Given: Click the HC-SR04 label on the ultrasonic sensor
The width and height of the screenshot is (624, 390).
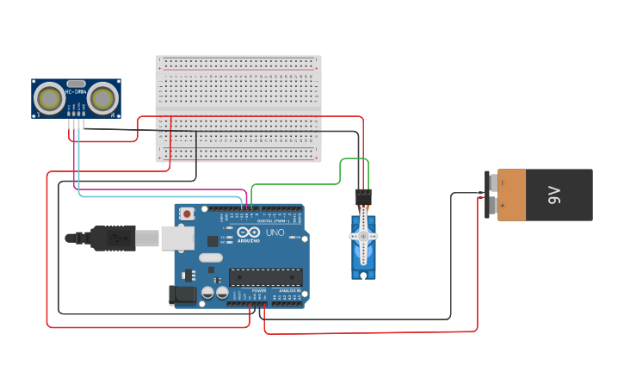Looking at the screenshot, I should tap(77, 90).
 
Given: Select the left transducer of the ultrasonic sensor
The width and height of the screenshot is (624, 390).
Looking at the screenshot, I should tap(49, 98).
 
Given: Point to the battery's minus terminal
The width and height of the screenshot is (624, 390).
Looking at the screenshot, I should tap(491, 183).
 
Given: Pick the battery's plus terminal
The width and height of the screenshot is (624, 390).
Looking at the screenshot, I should tap(491, 206).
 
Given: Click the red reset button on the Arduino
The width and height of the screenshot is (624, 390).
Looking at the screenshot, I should tap(187, 213).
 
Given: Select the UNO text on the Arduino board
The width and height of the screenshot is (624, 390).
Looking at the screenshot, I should tap(275, 232).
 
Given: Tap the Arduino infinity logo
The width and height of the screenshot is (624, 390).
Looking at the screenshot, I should tap(249, 232).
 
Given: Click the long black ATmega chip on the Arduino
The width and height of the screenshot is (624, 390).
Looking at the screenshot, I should tap(265, 276).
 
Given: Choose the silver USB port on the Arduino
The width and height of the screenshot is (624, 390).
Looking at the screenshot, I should tap(177, 238).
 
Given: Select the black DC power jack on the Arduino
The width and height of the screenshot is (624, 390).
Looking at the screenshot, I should tap(183, 295).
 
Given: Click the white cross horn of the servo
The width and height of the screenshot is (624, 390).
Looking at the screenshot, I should tap(363, 236).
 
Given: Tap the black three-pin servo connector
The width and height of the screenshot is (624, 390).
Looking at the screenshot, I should tap(363, 196).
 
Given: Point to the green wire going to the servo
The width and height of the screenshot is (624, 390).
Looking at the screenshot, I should tap(301, 183).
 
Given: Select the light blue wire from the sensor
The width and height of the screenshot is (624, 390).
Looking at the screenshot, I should tap(155, 196).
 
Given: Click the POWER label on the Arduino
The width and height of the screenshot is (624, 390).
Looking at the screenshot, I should tap(259, 290).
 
